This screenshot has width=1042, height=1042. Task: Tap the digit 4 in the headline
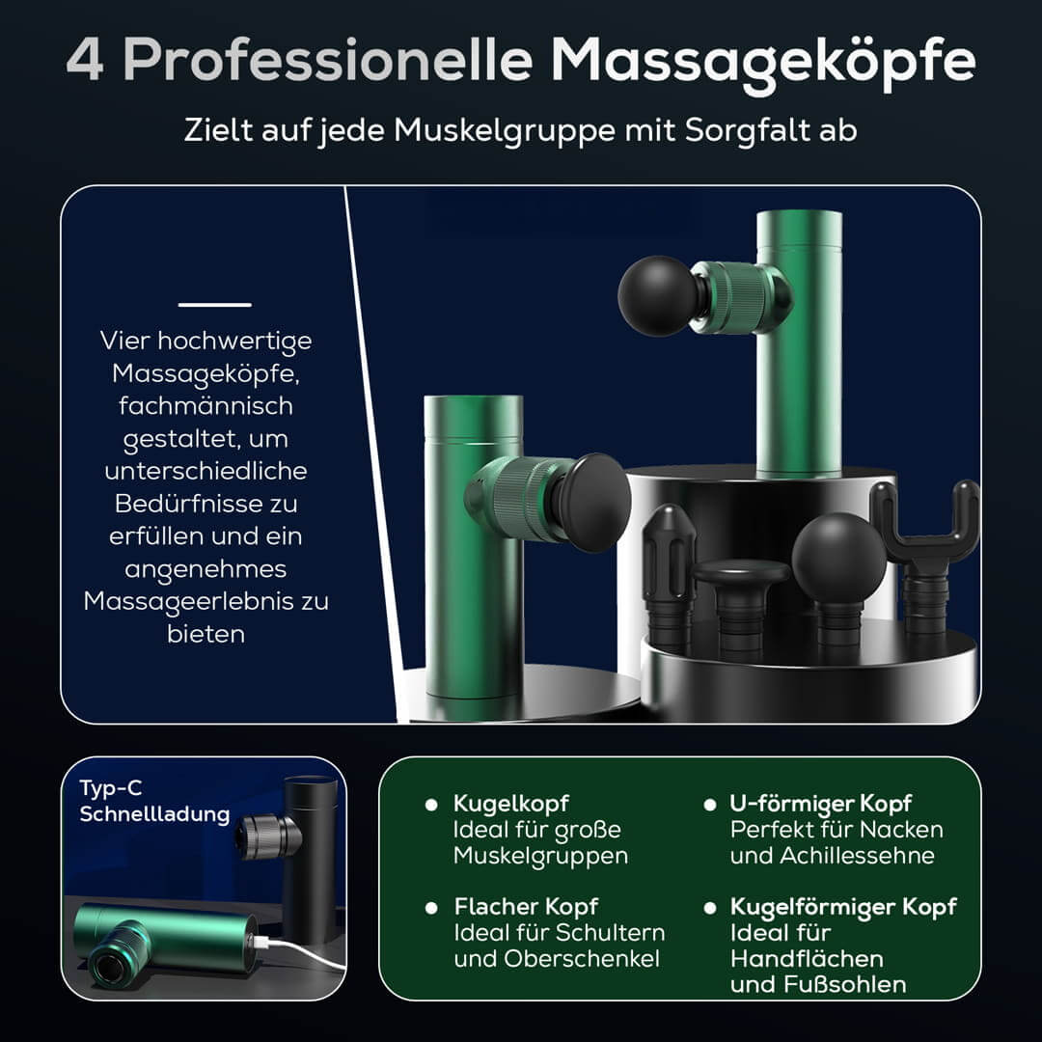click(x=85, y=59)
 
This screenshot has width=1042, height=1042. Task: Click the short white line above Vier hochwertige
click(x=214, y=305)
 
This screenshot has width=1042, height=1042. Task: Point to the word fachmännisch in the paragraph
click(x=206, y=405)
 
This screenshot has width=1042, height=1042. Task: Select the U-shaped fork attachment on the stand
click(x=925, y=538)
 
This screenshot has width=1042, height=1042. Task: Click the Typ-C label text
click(x=111, y=789)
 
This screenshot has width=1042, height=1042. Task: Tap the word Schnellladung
click(x=154, y=814)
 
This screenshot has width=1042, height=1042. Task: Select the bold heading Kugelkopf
click(x=511, y=804)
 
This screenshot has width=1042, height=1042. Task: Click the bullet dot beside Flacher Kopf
click(x=431, y=908)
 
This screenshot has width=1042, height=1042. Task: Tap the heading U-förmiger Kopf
click(x=821, y=804)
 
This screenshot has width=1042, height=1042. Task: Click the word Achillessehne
click(x=858, y=856)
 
